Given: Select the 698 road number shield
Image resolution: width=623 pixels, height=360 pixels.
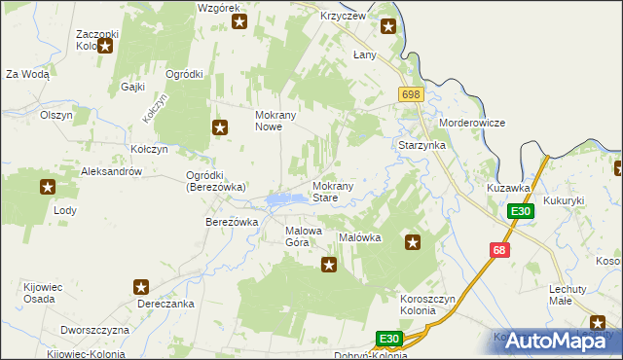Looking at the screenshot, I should (410, 92).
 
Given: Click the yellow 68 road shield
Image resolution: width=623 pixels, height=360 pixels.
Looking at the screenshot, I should (500, 250).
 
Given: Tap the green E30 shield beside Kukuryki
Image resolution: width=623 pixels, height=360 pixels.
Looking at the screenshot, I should (521, 211).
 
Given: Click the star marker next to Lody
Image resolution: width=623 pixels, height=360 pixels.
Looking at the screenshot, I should (47, 187).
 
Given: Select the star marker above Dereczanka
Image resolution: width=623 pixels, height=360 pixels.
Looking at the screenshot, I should (141, 287).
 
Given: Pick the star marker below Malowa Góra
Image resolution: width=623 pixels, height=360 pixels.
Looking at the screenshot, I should (329, 264).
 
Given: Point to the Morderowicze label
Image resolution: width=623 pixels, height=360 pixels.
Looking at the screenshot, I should (472, 124).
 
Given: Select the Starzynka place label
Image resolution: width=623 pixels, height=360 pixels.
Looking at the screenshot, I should (421, 145).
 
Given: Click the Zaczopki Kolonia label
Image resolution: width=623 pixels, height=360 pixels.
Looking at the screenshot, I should (97, 40).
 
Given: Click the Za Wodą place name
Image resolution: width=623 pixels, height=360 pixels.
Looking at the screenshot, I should (27, 74).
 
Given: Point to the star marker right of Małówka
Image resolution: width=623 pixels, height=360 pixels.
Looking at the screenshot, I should (413, 242).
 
